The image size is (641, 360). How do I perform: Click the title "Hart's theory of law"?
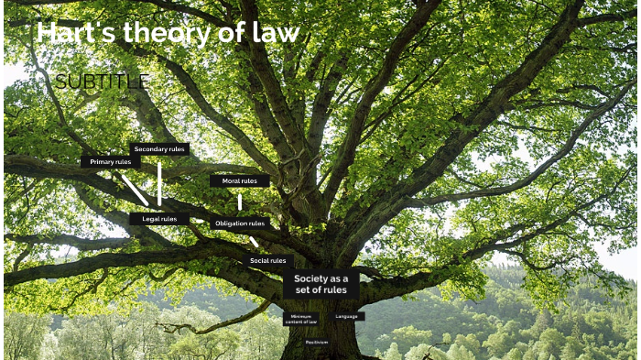click(168, 34)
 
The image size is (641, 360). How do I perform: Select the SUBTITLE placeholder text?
click(102, 82)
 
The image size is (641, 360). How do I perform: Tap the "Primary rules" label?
click(111, 161)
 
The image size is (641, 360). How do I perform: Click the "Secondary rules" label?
click(159, 148)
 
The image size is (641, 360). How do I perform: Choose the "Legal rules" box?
click(159, 219)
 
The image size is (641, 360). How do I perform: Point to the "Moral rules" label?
click(240, 180)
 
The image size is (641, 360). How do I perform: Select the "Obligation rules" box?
click(240, 223)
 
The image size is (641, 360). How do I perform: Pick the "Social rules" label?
click(268, 260)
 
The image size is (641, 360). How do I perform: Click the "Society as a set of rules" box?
click(320, 284)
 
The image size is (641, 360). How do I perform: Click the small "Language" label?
click(347, 316)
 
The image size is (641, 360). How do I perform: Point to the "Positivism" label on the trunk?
click(317, 342)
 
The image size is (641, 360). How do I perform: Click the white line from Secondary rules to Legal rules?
click(159, 183)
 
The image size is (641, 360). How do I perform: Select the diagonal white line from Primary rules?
click(135, 190)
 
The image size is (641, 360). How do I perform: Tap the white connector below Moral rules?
click(240, 202)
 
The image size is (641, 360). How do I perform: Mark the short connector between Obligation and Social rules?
click(254, 242)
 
